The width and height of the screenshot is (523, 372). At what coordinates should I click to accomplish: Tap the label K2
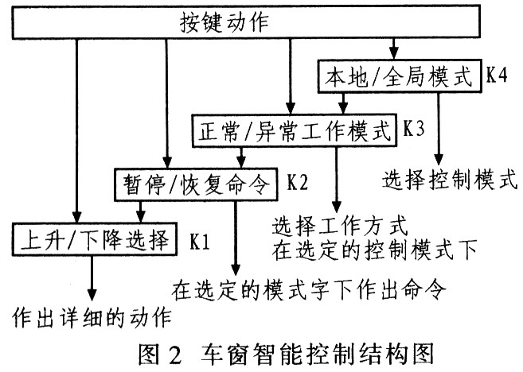(x=298, y=182)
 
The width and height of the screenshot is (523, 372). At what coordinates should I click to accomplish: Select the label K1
(x=199, y=238)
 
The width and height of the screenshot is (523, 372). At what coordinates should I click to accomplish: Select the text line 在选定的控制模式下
(x=374, y=250)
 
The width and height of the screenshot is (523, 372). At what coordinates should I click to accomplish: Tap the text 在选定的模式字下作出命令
(x=306, y=284)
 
